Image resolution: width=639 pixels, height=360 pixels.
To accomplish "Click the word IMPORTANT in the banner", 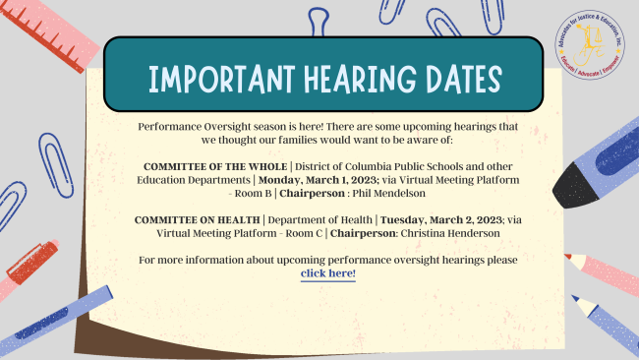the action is tap(221, 79).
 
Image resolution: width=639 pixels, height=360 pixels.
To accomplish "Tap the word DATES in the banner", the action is tap(464, 79).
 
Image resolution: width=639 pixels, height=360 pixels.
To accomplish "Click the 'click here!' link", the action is tap(328, 273).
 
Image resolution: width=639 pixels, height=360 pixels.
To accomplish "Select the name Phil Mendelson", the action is tap(388, 193).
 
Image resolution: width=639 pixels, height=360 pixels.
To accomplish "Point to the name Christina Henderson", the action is tap(450, 233).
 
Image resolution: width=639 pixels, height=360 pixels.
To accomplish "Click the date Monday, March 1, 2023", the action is tap(319, 180).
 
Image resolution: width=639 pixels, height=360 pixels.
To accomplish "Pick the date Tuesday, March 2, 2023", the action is tap(441, 220).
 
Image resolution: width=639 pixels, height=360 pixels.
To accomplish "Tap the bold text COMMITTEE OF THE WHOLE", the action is tap(215, 167).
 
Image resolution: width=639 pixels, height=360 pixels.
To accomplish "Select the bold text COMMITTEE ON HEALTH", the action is tap(198, 220).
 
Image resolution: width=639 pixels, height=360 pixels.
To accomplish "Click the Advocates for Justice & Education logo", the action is tap(590, 44).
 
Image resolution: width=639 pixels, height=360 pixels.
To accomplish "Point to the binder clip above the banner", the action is tap(319, 22).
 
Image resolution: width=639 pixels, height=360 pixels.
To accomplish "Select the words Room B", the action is tap(253, 193).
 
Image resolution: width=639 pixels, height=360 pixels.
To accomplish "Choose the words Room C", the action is tap(304, 233).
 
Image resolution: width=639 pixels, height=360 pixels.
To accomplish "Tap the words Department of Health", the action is tap(319, 220).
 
